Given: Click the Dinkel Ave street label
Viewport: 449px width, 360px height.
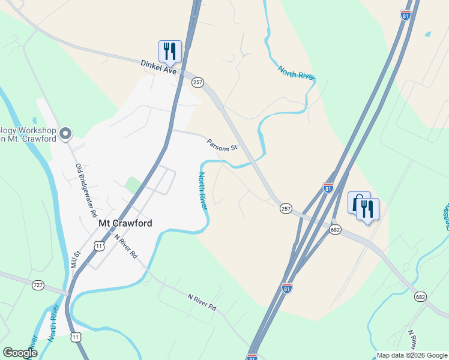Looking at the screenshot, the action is [159, 67].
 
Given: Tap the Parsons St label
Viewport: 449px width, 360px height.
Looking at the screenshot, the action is [222, 145].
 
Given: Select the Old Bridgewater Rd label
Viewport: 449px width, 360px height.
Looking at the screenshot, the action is [86, 190].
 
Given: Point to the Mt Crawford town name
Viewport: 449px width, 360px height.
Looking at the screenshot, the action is [125, 223].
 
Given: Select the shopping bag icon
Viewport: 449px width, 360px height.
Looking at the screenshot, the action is [358, 203].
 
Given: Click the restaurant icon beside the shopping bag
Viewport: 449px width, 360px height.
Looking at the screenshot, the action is [367, 209].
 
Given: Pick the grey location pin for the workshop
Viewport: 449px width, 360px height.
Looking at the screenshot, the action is [66, 133].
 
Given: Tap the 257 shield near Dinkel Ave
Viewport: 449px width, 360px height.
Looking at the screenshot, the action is [198, 82].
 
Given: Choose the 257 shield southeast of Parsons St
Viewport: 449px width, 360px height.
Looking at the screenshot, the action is [286, 208].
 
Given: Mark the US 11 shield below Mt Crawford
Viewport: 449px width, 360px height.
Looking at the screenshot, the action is [98, 245].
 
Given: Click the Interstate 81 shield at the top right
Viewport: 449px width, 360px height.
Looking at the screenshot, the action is [406, 15].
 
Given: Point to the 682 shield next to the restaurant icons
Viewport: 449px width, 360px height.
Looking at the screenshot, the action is [336, 229].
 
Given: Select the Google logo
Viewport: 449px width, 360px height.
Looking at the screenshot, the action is [20, 353].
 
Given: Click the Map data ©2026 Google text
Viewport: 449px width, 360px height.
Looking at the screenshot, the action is [411, 355].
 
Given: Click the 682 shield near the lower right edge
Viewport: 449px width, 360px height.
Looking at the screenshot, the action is [420, 297].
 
